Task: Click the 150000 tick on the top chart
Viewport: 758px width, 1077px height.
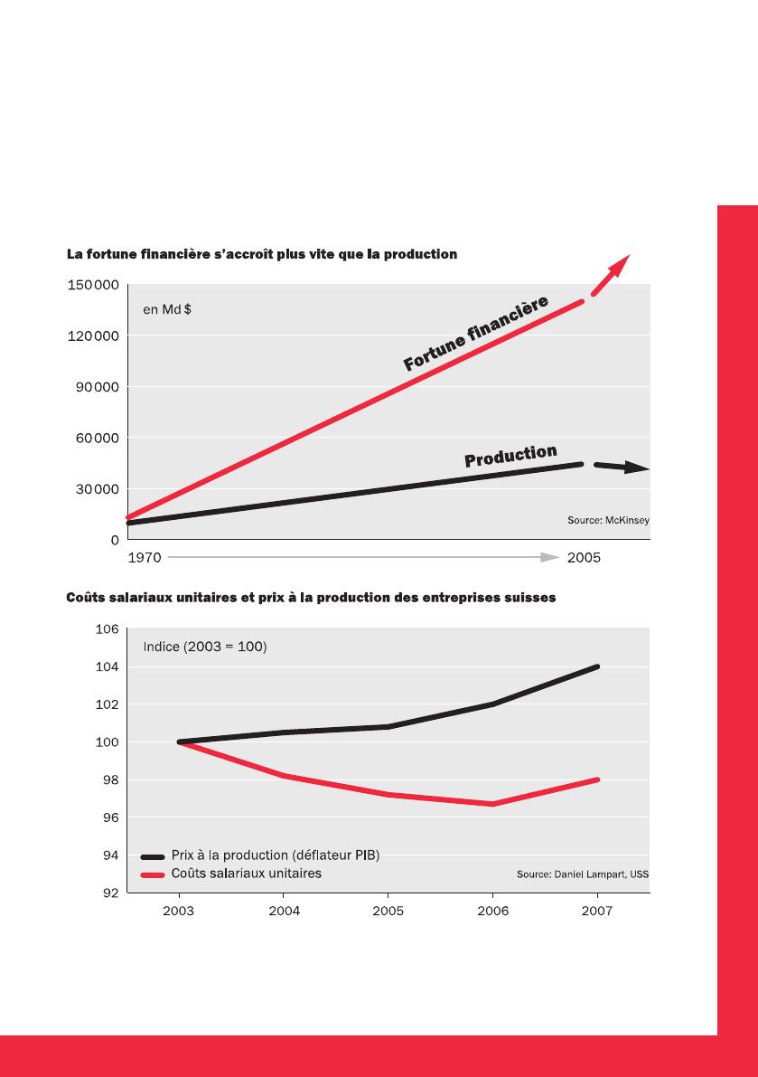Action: click(x=93, y=286)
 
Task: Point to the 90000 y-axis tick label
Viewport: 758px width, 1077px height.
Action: click(x=97, y=387)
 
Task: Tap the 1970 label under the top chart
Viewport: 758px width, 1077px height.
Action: click(x=145, y=558)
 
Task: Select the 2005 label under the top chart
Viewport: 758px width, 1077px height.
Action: click(x=584, y=558)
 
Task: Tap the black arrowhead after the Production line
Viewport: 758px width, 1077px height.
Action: click(x=636, y=468)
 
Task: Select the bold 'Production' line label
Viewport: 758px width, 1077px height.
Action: click(x=510, y=456)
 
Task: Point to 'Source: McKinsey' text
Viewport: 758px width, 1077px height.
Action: click(x=608, y=521)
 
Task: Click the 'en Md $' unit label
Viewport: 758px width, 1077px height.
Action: click(x=167, y=309)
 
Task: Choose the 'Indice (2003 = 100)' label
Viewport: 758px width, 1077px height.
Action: click(x=205, y=647)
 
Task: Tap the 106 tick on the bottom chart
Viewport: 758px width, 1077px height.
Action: click(x=107, y=629)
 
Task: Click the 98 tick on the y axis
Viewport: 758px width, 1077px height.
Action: click(x=110, y=780)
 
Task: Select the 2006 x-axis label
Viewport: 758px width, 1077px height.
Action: click(x=492, y=912)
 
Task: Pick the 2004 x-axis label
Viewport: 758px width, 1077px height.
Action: click(x=285, y=912)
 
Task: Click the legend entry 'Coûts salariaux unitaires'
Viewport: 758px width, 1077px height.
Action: click(x=246, y=874)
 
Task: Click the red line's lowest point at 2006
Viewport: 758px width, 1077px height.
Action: click(x=493, y=804)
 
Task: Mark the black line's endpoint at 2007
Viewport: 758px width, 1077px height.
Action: click(x=596, y=666)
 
